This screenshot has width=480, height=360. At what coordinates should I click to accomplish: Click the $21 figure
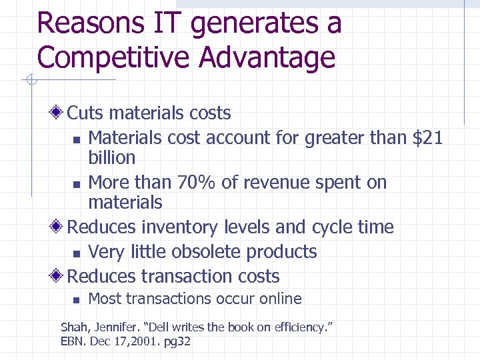428,138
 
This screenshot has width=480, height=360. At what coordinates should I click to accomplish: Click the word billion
112,158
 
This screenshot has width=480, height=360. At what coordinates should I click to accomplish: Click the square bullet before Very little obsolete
77,253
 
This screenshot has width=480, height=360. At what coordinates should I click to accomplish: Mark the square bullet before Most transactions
77,300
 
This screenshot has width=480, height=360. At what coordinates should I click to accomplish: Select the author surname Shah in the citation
73,327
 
